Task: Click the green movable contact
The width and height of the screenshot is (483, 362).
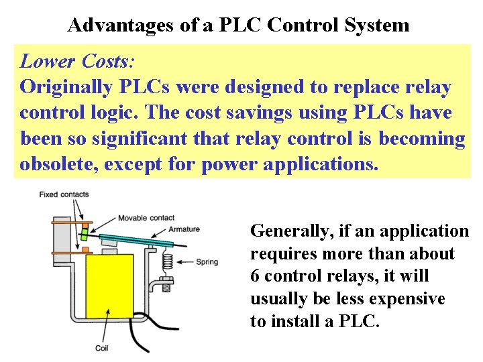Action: click(85, 234)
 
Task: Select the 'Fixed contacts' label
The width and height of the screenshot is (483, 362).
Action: click(64, 194)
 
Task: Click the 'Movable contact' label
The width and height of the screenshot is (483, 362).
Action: click(146, 218)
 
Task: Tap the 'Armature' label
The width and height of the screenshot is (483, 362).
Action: click(184, 229)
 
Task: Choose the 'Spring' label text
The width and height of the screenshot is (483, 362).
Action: click(207, 261)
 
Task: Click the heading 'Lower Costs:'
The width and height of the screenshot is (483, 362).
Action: click(77, 62)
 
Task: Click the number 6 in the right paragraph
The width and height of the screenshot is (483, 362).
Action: click(255, 276)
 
